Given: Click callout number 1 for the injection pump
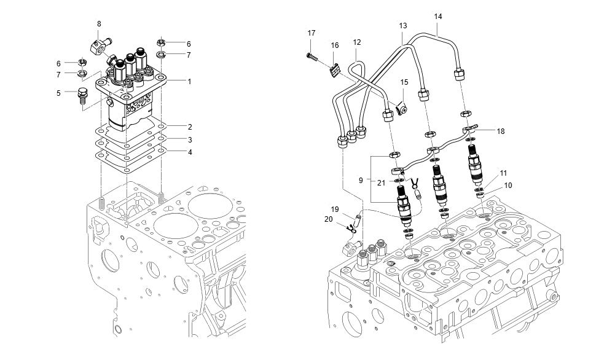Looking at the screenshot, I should click(x=190, y=81).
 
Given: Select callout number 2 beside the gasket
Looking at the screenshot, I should click(x=190, y=126).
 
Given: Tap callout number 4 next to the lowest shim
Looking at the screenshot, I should click(x=190, y=152).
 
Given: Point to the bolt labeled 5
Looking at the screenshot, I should click(x=82, y=96).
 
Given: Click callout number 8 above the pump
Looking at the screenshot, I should click(x=99, y=24).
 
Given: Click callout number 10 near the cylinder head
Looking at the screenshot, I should click(x=508, y=185).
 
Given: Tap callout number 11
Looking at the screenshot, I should click(x=503, y=173).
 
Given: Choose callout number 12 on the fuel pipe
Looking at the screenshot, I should click(x=357, y=42).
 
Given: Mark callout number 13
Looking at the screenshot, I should click(x=403, y=26).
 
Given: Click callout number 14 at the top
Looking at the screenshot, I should click(x=438, y=16).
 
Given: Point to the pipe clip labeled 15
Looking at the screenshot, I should click(x=403, y=108).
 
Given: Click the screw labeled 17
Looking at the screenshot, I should click(x=312, y=56).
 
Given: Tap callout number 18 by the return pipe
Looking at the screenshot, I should click(x=501, y=131).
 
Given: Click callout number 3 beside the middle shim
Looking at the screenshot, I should click(x=190, y=139).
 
